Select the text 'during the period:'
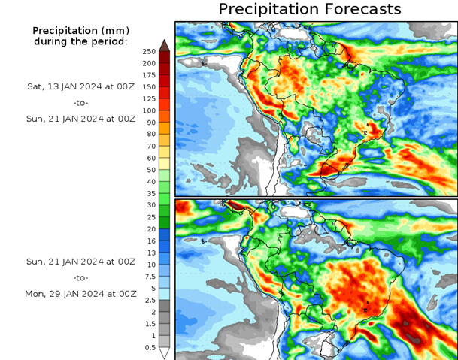(x=80, y=41)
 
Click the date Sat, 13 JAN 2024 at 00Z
(x=80, y=86)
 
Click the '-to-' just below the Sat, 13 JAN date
(x=80, y=102)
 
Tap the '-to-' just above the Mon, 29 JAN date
(x=80, y=277)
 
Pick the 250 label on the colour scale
(x=148, y=51)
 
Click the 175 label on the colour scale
(x=148, y=75)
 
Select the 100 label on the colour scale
(x=148, y=110)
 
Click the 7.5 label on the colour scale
(x=148, y=276)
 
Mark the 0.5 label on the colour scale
(x=148, y=347)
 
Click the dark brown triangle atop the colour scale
(x=164, y=46)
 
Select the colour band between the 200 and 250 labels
(x=164, y=57)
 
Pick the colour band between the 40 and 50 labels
(x=164, y=176)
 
